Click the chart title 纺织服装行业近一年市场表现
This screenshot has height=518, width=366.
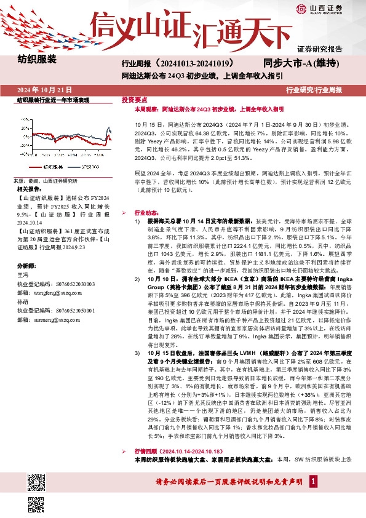pos(53,100)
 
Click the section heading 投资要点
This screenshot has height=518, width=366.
pos(134,99)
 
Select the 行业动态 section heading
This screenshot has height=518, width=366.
pos(147,210)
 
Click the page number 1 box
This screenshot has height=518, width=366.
pos(314,498)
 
